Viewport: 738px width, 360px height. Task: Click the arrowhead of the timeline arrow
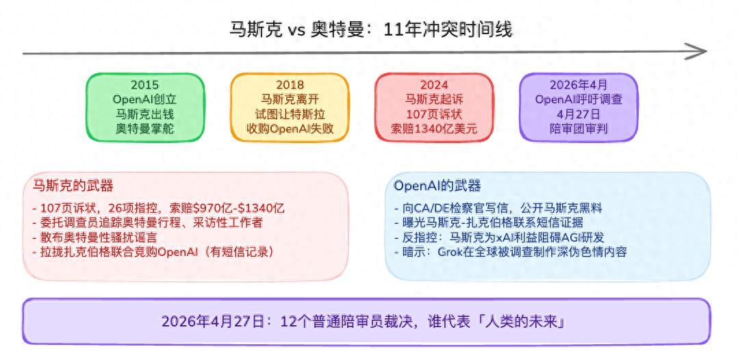[696, 51]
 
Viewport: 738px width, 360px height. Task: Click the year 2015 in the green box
[145, 85]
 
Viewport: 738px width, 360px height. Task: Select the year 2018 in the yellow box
[290, 85]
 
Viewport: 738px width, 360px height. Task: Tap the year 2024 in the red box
[435, 85]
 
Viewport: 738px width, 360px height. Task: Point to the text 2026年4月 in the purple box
[578, 85]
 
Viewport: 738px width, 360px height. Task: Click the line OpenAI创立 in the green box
[145, 100]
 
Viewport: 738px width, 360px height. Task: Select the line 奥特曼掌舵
[145, 129]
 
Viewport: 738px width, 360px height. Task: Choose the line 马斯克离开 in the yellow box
[290, 100]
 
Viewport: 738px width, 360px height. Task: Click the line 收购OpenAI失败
[290, 129]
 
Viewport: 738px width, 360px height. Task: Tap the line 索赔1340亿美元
[435, 129]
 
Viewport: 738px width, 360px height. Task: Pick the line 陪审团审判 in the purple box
[578, 129]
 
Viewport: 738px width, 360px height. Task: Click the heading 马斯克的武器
[73, 186]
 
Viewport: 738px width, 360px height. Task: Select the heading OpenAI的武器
[437, 186]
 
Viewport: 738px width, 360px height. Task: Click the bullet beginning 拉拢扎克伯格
[153, 252]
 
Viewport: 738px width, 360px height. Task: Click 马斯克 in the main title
[256, 29]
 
